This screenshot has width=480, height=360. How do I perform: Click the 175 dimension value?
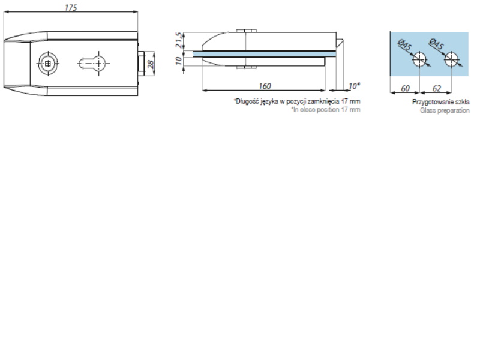[71, 7]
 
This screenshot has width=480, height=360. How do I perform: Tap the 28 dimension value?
[151, 64]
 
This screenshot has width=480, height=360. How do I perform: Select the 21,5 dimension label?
[179, 40]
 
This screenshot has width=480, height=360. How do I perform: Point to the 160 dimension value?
[265, 86]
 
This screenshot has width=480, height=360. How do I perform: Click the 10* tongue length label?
[354, 86]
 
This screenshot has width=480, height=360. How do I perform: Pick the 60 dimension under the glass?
[404, 88]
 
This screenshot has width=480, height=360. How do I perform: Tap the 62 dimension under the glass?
[437, 88]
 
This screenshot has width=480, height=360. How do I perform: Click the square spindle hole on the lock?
[48, 64]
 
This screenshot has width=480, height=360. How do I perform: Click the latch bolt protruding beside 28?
[141, 64]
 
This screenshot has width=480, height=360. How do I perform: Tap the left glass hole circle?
[419, 59]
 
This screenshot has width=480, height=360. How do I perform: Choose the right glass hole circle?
[452, 59]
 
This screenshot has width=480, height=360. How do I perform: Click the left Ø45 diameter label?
[404, 45]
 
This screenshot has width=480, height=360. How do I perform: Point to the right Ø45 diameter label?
[436, 44]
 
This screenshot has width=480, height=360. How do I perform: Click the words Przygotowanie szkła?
[441, 102]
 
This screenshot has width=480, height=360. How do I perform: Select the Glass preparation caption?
[445, 110]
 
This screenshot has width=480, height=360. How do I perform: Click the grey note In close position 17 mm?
[326, 110]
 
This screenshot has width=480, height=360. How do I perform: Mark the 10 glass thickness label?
[179, 61]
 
